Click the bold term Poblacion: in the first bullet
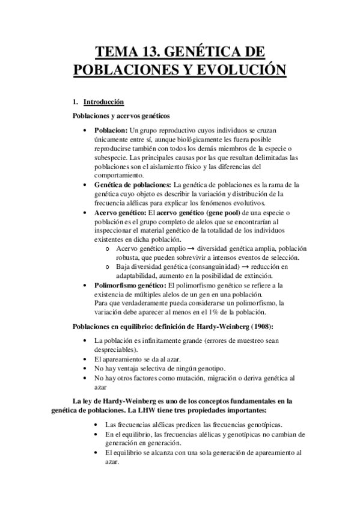coord(111,130)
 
